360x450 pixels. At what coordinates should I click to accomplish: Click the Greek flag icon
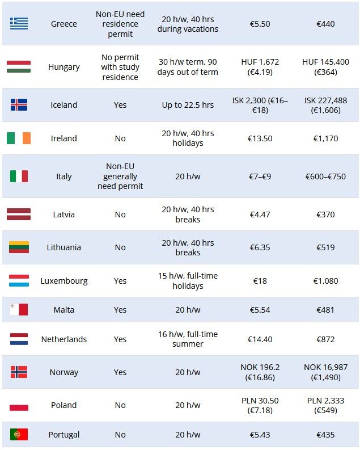coord(19,23)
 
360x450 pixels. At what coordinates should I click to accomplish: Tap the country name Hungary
coord(64,67)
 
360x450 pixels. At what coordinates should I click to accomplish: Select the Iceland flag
coord(19,104)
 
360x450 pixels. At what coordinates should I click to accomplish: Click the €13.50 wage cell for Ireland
coord(260,138)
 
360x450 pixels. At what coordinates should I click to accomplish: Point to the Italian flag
coord(19,176)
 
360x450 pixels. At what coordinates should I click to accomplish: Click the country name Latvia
coord(64,215)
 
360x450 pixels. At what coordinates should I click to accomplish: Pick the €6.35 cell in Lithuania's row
coord(260,247)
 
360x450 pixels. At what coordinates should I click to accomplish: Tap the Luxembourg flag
coord(19,280)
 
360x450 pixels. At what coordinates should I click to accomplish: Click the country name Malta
coord(64,310)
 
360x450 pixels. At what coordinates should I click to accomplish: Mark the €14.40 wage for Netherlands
coord(260,339)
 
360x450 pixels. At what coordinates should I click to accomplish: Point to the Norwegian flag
coord(19,372)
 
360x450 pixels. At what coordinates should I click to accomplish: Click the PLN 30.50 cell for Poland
coord(260,405)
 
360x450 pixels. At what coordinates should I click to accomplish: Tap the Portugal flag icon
coord(19,435)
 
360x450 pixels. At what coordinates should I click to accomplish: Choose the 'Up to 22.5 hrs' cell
coord(188,105)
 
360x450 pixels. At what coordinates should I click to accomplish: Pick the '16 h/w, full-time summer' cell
coord(188,339)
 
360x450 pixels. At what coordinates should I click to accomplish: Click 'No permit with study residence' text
coord(120,67)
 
